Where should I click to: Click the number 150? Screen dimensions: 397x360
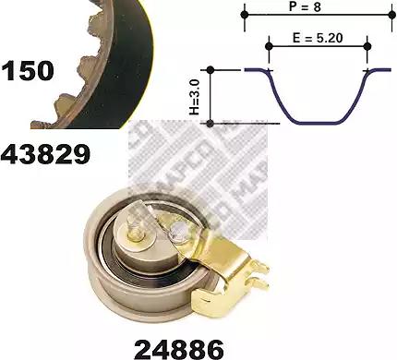coord(28,71)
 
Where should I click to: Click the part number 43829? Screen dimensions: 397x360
coord(45,154)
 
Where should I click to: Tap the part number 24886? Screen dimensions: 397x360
coord(179,349)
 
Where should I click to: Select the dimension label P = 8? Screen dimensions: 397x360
coord(305,6)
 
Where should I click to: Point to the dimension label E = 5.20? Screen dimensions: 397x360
coord(318,38)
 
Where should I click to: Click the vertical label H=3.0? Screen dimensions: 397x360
coord(195,96)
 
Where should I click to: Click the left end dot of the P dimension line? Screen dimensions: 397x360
coord(245,15)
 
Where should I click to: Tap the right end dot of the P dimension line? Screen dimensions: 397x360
coord(391,15)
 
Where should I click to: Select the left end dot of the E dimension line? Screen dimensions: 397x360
coord(269,46)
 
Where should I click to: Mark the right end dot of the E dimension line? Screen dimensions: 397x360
coord(367,46)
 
